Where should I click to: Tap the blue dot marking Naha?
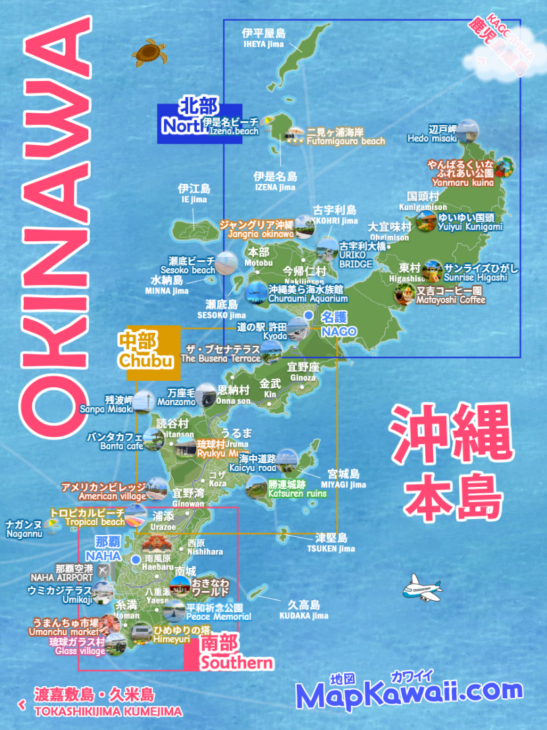[136, 559]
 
